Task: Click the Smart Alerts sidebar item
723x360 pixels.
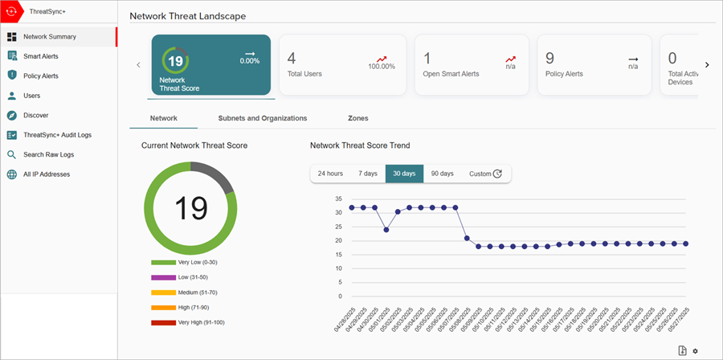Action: click(x=40, y=56)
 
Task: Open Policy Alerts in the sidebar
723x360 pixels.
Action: click(x=40, y=76)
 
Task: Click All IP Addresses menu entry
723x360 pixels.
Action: click(x=46, y=174)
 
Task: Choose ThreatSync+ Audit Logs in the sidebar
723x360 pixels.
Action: click(x=56, y=135)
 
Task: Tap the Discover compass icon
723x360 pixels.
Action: click(x=12, y=115)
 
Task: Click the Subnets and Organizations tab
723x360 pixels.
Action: click(x=263, y=118)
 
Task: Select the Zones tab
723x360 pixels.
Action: click(x=358, y=118)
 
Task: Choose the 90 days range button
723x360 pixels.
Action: click(x=442, y=174)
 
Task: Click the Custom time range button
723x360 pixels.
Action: click(x=485, y=174)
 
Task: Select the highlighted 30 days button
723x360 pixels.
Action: click(x=404, y=174)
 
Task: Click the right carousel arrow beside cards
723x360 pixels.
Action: click(x=707, y=65)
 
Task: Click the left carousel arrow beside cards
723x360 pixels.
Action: click(x=138, y=65)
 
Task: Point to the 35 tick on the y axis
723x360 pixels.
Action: click(x=338, y=198)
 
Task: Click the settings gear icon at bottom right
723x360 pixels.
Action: click(x=696, y=350)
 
